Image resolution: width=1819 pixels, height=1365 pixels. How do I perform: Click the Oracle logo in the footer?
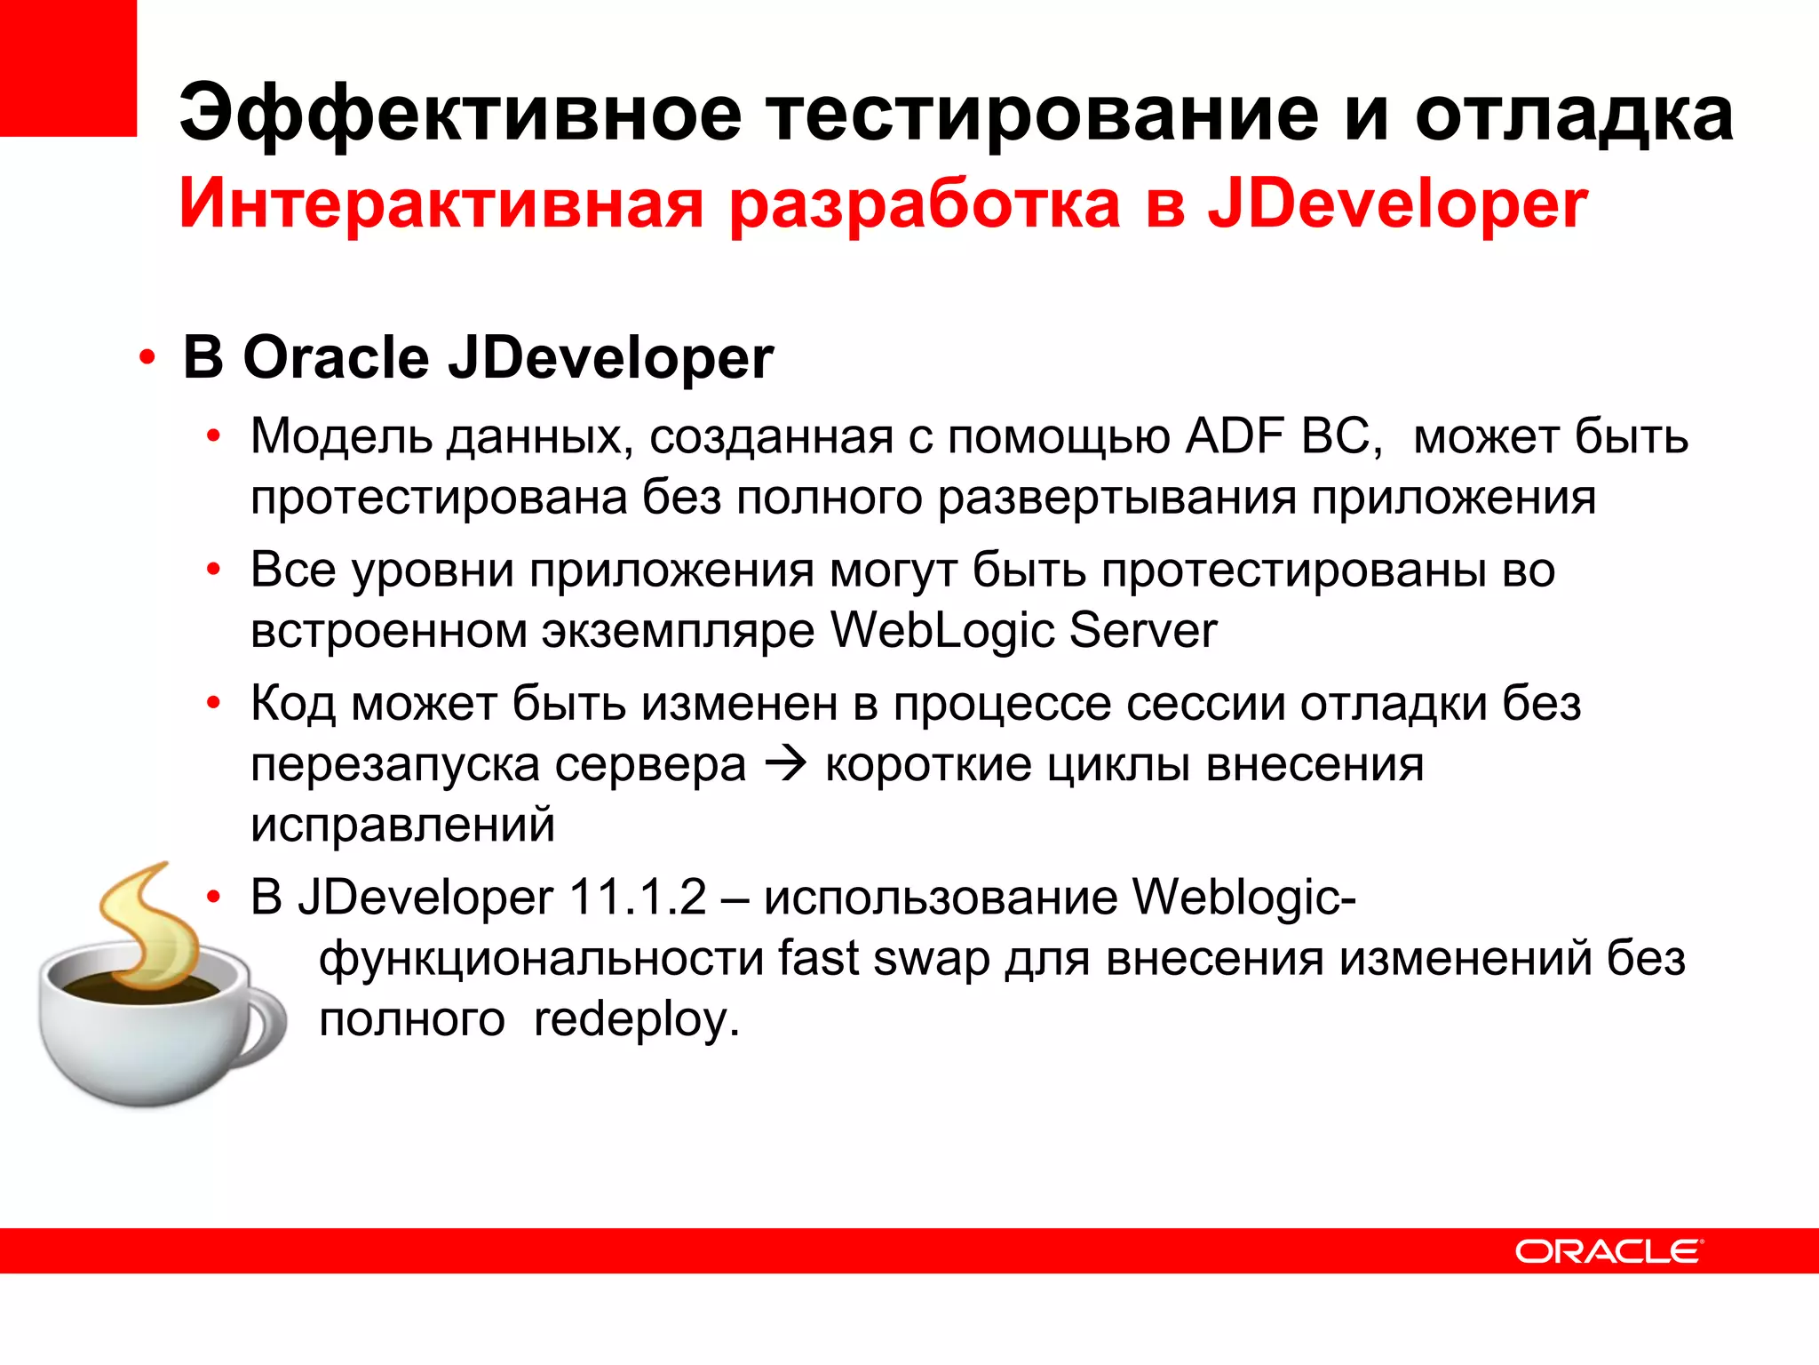tap(1608, 1251)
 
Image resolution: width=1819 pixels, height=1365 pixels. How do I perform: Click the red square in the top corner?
tap(68, 68)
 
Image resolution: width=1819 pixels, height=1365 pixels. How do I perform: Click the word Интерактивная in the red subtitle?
tap(441, 204)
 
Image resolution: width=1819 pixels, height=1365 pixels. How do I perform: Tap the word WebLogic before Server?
tap(941, 630)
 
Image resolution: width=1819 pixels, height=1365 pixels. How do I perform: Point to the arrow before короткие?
tap(785, 764)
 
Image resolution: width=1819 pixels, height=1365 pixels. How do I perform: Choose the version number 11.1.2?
tap(637, 897)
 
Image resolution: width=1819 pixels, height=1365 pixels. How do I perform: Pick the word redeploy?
tap(635, 1019)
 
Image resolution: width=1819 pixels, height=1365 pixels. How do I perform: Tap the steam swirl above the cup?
tap(151, 924)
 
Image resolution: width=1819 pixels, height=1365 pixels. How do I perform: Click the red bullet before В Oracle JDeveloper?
tap(147, 359)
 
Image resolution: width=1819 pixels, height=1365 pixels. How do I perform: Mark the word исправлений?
tap(402, 825)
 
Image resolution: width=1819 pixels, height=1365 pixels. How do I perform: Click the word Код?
tap(293, 704)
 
